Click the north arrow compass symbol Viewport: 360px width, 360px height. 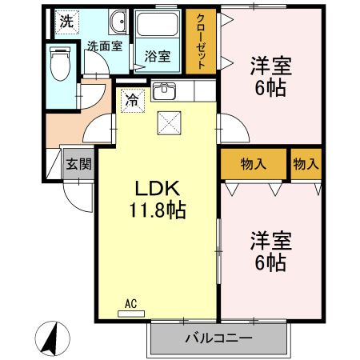(52, 338)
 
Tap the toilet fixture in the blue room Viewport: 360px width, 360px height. (60, 64)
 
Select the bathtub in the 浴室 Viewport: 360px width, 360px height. (157, 24)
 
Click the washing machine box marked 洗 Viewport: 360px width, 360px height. (66, 22)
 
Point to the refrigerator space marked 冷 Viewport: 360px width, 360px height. (133, 101)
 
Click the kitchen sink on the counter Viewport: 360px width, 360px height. (163, 90)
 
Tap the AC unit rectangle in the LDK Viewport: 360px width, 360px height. (131, 314)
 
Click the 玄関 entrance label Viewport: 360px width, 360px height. (78, 164)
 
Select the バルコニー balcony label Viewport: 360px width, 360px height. (218, 338)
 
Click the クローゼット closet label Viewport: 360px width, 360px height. (201, 42)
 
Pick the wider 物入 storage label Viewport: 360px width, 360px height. (254, 164)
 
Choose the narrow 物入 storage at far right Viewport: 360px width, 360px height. (306, 164)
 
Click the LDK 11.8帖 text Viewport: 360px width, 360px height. (158, 199)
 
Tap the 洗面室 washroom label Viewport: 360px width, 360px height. (105, 46)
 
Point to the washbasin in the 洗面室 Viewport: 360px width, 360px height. (118, 22)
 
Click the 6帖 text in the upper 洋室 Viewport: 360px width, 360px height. (270, 88)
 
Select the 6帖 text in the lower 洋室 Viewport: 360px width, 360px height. (270, 262)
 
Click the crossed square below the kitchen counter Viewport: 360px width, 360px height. (169, 123)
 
